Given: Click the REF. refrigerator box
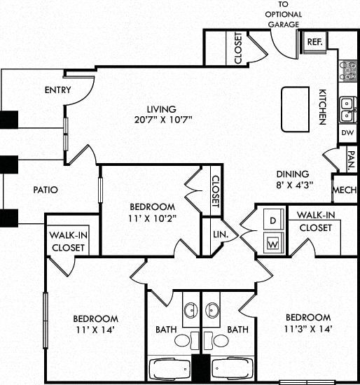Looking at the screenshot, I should click(x=314, y=41).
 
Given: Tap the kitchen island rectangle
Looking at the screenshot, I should click(x=294, y=108).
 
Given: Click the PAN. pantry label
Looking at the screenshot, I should click(x=349, y=160).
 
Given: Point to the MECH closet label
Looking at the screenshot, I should click(x=345, y=190).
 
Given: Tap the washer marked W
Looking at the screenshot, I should click(x=272, y=244).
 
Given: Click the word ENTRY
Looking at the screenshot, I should click(x=58, y=90).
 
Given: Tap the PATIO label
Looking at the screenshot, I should click(x=45, y=189).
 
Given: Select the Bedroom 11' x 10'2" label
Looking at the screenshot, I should click(x=152, y=212).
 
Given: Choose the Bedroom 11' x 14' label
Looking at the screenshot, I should click(x=95, y=324).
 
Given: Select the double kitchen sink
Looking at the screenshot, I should click(x=347, y=109).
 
